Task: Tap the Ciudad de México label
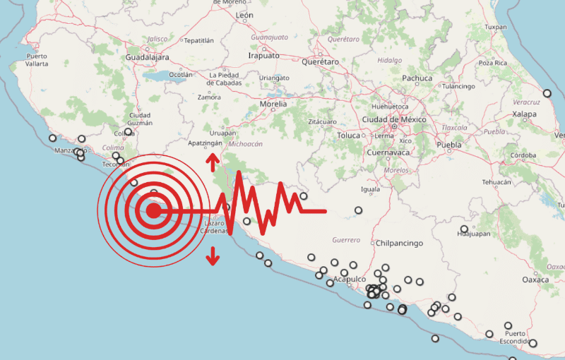coord(394,120)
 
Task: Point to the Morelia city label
coord(273,104)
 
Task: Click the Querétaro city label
coord(321,62)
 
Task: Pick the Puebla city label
coord(449,145)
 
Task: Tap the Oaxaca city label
coord(535,280)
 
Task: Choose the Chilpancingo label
coord(400,244)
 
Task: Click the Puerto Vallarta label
coord(37,60)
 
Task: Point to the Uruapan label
coord(222,132)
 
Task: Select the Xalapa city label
coord(524,114)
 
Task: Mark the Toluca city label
coord(349,135)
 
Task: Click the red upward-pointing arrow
coord(212,163)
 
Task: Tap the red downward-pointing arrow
coord(212,258)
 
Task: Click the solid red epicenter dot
coord(153,210)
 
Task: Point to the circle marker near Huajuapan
coord(464,229)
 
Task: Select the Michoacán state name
coord(245,144)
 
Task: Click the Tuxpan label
coord(496,27)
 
